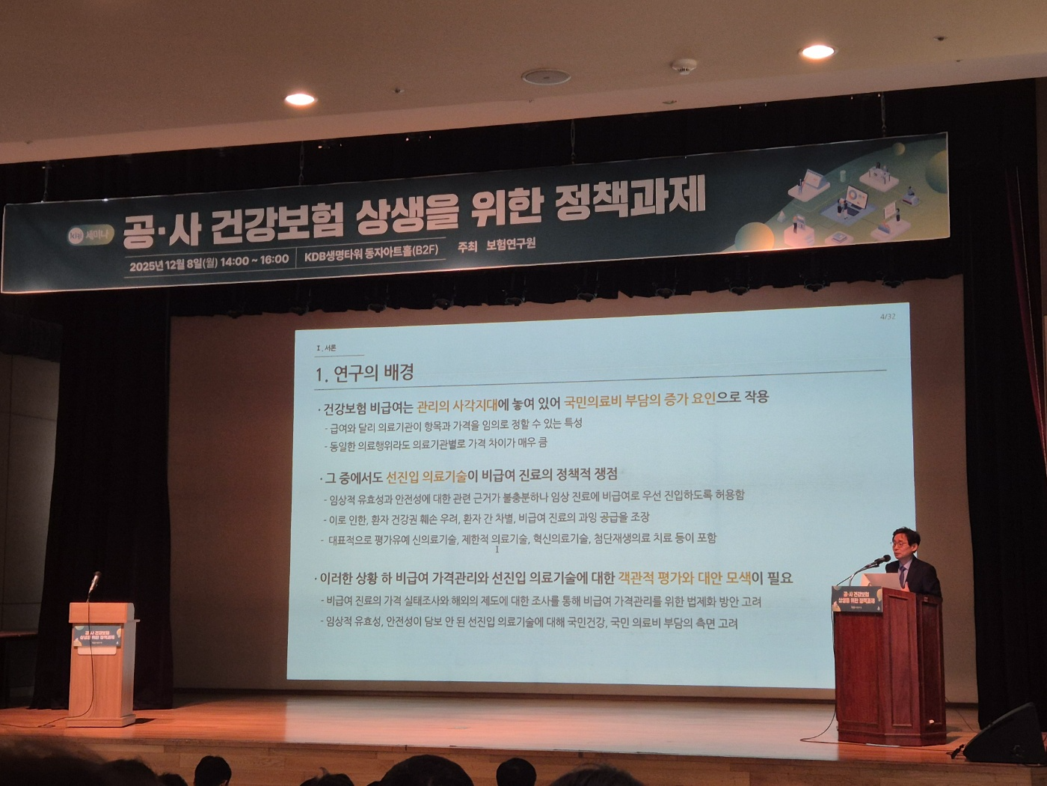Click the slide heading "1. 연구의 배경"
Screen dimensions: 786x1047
[364, 373]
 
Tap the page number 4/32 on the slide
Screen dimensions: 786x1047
[888, 317]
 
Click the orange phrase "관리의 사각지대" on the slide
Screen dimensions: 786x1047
[457, 406]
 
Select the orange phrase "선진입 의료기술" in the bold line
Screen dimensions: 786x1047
[426, 477]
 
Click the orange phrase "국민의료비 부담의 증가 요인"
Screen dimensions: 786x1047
[640, 400]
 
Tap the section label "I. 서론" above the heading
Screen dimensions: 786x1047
[327, 348]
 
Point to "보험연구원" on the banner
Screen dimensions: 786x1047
[511, 244]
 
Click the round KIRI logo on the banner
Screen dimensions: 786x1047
[76, 237]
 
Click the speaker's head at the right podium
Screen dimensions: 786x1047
[904, 542]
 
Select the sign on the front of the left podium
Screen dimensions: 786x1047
[96, 639]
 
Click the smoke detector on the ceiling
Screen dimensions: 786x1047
[684, 65]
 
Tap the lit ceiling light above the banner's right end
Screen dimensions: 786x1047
[817, 52]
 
